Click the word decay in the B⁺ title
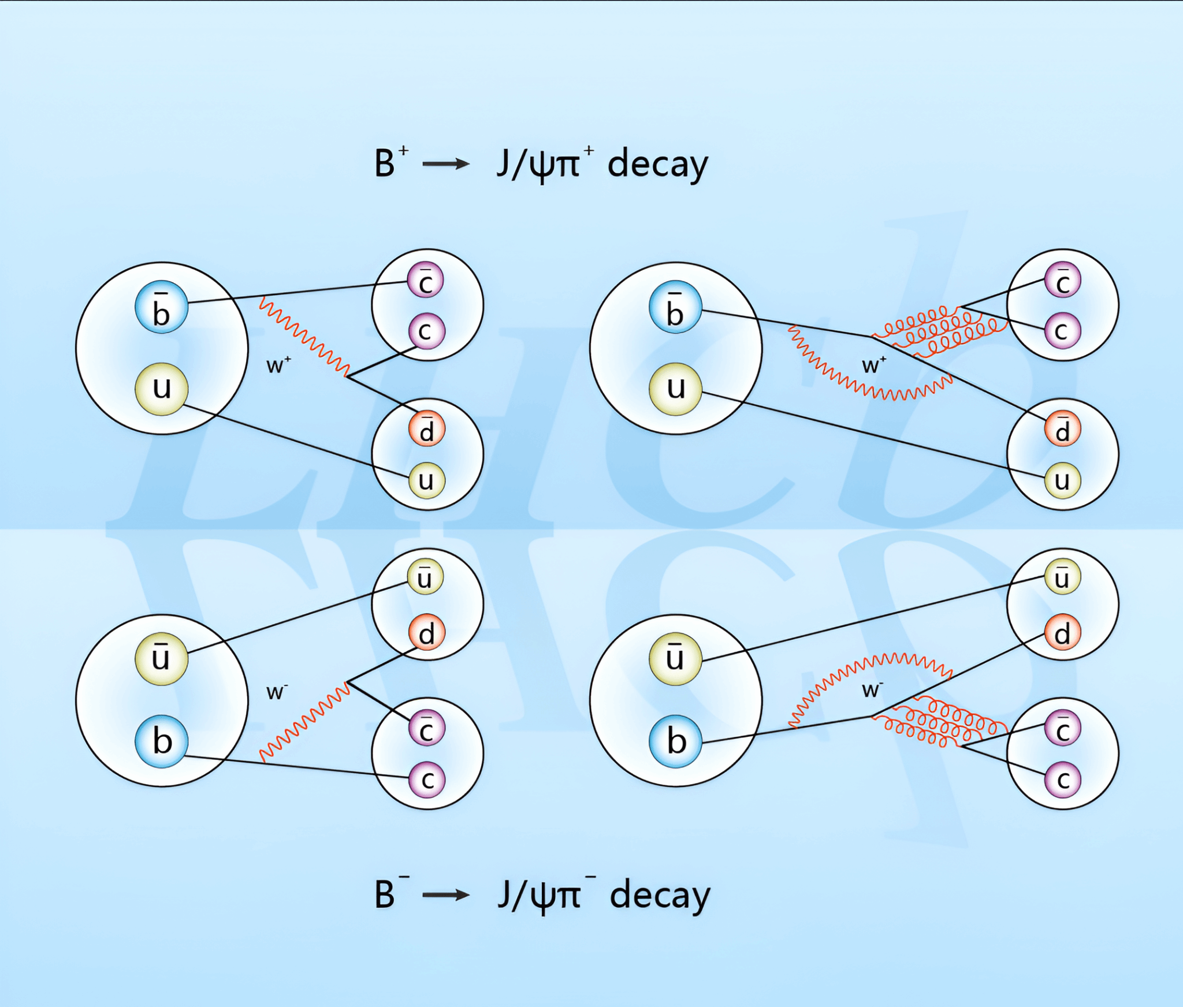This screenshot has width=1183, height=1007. (x=657, y=165)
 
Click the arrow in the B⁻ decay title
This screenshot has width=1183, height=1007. (x=445, y=895)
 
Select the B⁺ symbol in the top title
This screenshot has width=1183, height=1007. (x=390, y=163)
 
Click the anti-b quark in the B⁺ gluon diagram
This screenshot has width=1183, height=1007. (x=675, y=307)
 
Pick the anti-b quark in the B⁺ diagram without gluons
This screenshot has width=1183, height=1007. (x=161, y=307)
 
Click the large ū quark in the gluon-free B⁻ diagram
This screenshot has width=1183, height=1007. (x=161, y=659)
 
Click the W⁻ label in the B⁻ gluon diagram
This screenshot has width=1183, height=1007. (x=872, y=689)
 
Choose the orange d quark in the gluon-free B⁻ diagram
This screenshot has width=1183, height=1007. (x=426, y=632)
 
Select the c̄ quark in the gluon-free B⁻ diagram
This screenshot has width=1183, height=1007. (x=426, y=729)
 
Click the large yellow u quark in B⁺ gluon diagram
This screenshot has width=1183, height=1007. (x=675, y=389)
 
